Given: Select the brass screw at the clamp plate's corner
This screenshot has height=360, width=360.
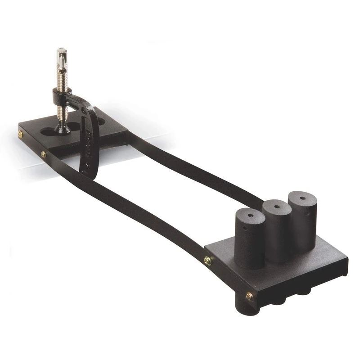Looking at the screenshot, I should [x=20, y=134].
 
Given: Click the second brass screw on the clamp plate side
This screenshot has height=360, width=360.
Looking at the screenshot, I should [x=43, y=154].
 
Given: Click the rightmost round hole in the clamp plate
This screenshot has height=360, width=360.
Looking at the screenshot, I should [x=101, y=122].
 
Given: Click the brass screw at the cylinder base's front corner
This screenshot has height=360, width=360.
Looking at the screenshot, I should [x=249, y=296].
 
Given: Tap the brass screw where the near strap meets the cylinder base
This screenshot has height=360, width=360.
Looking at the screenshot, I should [x=207, y=260].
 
